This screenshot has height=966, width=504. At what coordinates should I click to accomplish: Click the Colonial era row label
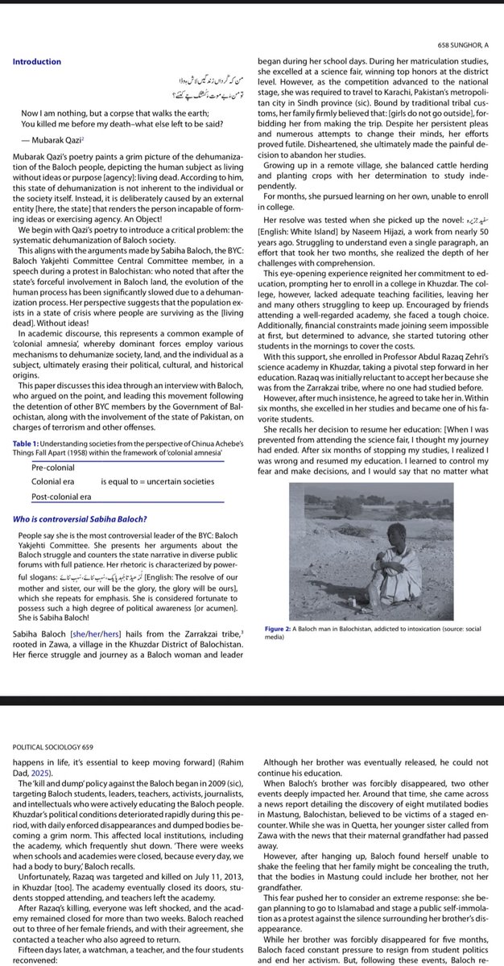point(52,481)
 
